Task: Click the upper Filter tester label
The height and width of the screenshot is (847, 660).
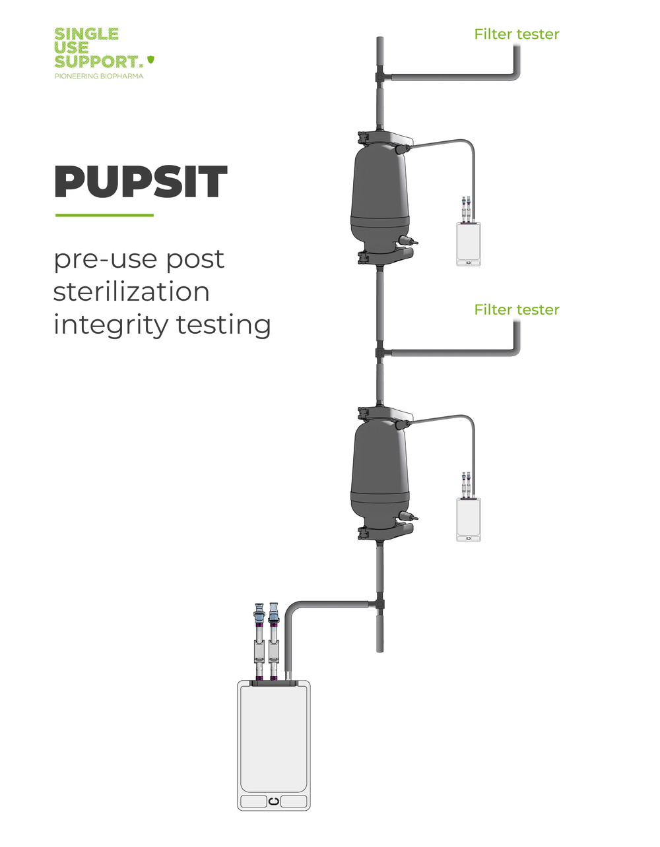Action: [516, 34]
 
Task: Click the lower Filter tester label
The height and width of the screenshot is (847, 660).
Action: [516, 310]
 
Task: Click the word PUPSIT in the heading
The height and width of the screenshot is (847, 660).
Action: [141, 183]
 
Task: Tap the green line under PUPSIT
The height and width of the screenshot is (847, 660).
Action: [104, 215]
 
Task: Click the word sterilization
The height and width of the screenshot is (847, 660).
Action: [131, 292]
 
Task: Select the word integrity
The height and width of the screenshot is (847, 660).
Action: [111, 325]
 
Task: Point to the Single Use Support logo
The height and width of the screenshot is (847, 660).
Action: [99, 48]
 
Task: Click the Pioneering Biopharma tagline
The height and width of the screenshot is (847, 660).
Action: [98, 77]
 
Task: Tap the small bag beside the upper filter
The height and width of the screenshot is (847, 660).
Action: [469, 244]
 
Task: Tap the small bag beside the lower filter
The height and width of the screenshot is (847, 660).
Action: [469, 520]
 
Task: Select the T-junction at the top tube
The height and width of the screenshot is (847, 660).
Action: [380, 78]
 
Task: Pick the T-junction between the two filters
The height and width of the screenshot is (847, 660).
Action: [380, 354]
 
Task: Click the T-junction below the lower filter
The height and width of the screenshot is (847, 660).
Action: [380, 603]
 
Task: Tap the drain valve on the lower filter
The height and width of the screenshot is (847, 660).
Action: [408, 517]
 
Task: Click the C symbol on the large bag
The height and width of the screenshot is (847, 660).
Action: [273, 801]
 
